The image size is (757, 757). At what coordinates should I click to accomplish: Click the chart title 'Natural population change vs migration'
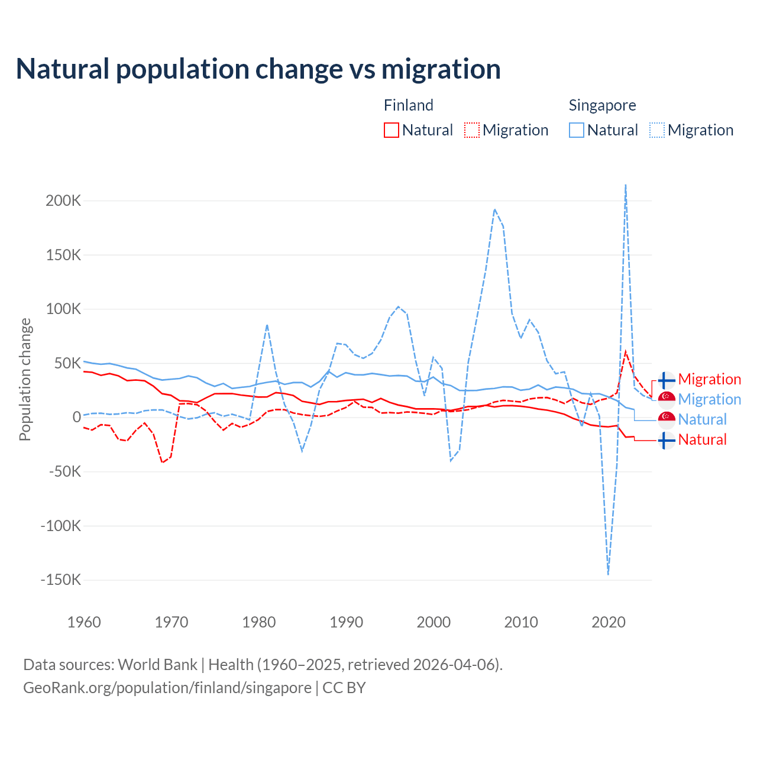(x=258, y=69)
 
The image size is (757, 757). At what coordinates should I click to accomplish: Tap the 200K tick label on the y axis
(x=63, y=200)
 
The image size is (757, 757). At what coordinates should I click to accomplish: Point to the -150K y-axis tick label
(x=60, y=580)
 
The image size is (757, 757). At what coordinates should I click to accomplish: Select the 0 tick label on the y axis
(x=76, y=417)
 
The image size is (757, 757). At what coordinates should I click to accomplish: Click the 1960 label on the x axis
(x=84, y=622)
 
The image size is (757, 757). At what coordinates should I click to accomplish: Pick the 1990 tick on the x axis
(x=347, y=622)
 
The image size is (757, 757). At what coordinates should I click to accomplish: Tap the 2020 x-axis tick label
(x=609, y=622)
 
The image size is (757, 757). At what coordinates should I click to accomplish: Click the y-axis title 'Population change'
(x=25, y=379)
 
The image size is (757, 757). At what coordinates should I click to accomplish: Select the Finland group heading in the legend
(x=409, y=105)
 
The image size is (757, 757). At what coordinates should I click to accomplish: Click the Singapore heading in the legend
(x=602, y=105)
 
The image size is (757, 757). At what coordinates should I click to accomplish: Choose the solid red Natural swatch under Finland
(x=392, y=130)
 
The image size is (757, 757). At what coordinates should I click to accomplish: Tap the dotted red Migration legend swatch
(x=472, y=130)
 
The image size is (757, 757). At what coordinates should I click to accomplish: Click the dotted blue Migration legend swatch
(x=657, y=130)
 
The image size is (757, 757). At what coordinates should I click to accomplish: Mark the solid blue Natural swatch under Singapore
(x=577, y=130)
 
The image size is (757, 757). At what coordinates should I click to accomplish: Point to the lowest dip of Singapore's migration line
(x=608, y=574)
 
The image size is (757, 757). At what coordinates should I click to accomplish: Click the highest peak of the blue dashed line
(x=626, y=185)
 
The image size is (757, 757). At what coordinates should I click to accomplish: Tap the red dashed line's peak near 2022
(x=626, y=352)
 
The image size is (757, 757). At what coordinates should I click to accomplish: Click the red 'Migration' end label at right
(x=709, y=379)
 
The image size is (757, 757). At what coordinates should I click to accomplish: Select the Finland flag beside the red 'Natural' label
(x=667, y=440)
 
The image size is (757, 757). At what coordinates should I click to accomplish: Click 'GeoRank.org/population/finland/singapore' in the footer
(x=167, y=688)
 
